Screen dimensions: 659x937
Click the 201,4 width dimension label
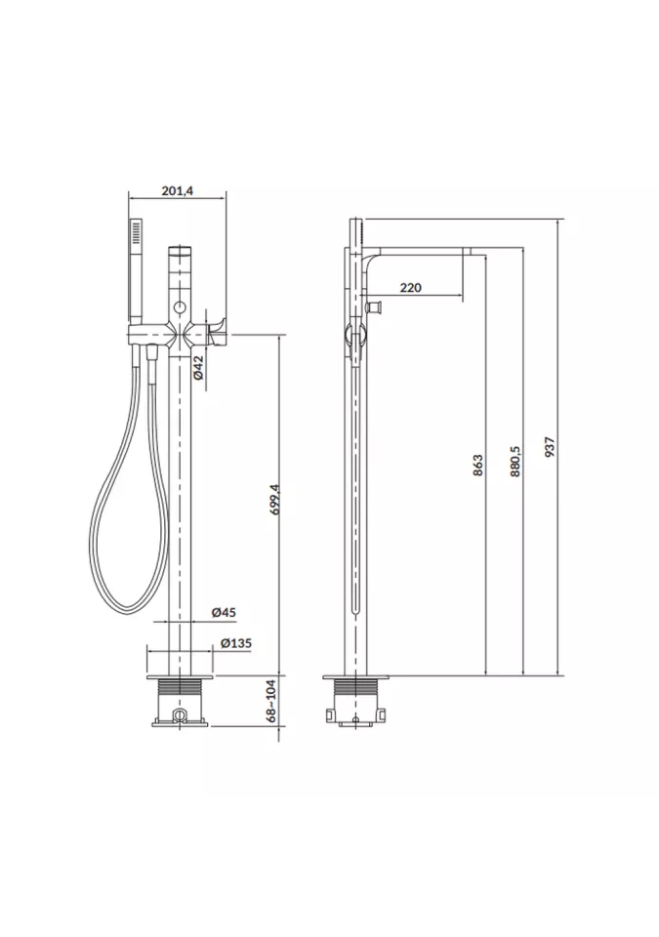point(178,191)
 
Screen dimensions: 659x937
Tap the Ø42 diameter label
point(199,368)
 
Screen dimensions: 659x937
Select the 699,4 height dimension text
point(274,500)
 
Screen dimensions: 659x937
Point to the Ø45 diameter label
point(224,612)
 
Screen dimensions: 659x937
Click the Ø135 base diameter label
point(235,643)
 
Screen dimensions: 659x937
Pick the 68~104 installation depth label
point(272,701)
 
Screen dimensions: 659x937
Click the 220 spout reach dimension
point(410,287)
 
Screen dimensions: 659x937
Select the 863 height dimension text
point(477,466)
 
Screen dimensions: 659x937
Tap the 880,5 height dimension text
point(516,461)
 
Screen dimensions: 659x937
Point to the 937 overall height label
point(551,447)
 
